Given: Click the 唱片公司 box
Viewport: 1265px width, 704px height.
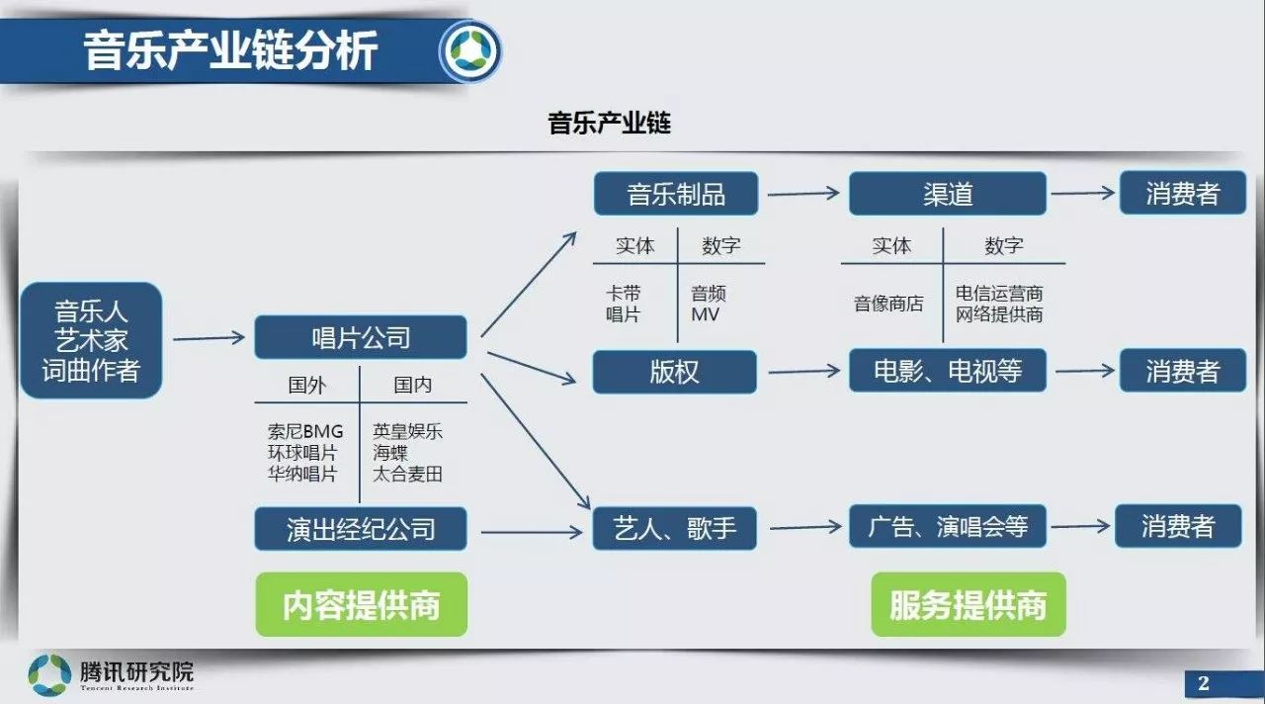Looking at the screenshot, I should click(x=360, y=338).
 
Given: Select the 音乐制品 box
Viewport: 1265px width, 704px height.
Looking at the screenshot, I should click(x=675, y=194).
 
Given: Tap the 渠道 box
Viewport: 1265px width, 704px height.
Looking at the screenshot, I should click(x=947, y=194).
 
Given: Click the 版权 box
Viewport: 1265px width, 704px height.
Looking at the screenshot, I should click(x=674, y=372).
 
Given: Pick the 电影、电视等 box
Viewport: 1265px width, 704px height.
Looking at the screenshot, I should click(x=947, y=372).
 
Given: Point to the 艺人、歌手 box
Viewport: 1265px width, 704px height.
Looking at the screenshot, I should click(x=674, y=528).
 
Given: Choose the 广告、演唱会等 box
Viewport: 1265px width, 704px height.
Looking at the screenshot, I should click(x=947, y=527).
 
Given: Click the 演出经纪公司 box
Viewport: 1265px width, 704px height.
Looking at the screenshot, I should click(x=360, y=528).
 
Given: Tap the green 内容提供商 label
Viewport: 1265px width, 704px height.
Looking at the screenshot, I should click(x=361, y=604).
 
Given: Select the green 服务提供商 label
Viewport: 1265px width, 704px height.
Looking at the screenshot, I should click(x=968, y=604).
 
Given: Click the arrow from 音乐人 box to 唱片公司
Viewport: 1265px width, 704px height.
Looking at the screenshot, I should click(x=209, y=338).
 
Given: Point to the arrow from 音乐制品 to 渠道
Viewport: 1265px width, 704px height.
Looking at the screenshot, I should click(x=802, y=194).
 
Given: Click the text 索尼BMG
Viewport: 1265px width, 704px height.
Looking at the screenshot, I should click(x=304, y=432).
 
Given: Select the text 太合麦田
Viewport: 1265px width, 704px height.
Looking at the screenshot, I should click(x=407, y=474).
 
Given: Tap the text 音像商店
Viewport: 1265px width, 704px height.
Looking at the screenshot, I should click(x=888, y=305).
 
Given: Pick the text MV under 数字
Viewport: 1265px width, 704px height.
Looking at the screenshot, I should click(x=706, y=314).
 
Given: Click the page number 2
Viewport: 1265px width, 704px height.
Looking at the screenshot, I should click(x=1203, y=682).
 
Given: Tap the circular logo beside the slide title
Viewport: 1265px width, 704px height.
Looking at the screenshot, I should click(x=470, y=51).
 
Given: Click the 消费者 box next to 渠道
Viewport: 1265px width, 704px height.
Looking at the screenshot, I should click(x=1182, y=194).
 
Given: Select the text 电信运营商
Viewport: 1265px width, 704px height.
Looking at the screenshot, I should click(x=999, y=294).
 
